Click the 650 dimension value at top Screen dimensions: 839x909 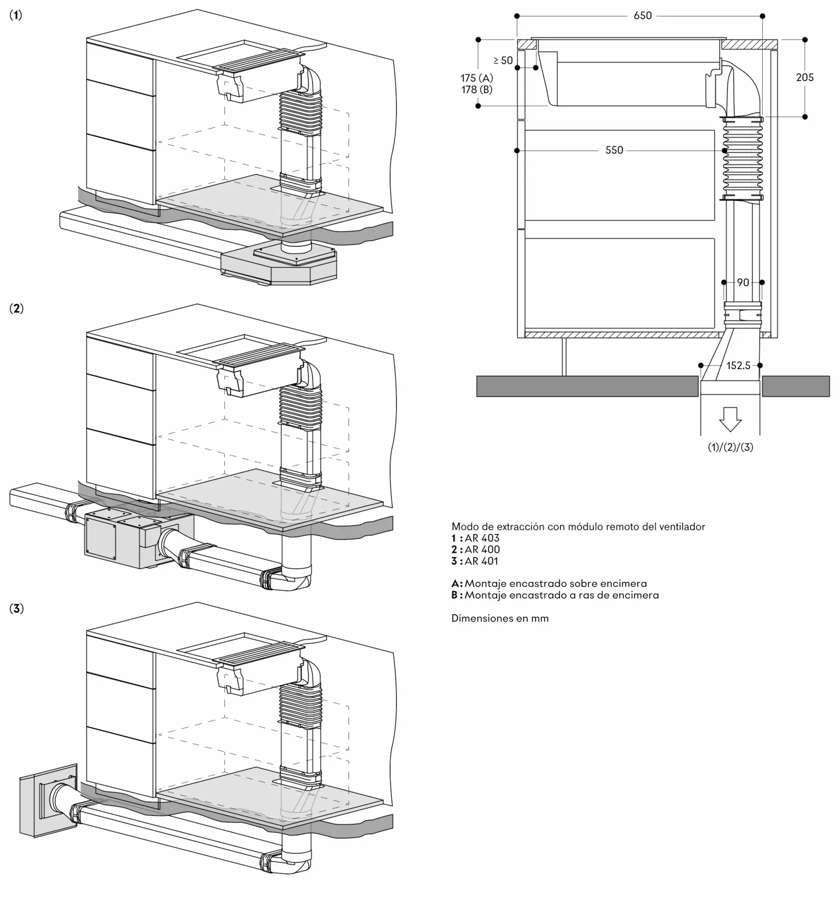pos(642,16)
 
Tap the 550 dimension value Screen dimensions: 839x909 pos(614,150)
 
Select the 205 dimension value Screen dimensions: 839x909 pos(804,78)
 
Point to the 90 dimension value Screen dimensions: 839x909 pos(743,283)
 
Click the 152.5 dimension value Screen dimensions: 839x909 pos(738,365)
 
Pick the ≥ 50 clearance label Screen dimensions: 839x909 pos(503,60)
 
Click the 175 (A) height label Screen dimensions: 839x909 pos(476,78)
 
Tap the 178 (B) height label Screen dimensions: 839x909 pos(476,90)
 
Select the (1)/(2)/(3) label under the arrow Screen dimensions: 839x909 pos(730,447)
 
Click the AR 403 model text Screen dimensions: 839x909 pos(482,538)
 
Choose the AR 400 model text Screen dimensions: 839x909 pos(482,549)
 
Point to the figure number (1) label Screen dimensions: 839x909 pos(16,15)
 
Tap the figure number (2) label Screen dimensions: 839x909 pos(16,309)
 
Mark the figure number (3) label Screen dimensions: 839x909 pos(16,609)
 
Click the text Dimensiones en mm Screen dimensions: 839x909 pos(500,618)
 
